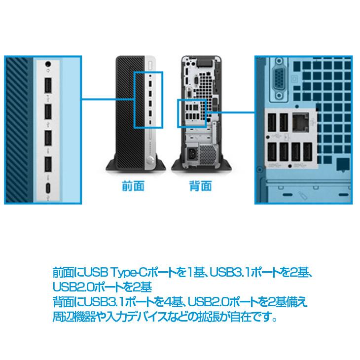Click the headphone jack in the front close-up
coord(48,63)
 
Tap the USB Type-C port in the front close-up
coord(49,188)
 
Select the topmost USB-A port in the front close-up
coord(49,86)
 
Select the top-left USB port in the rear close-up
coord(272,123)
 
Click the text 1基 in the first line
coord(193,273)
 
